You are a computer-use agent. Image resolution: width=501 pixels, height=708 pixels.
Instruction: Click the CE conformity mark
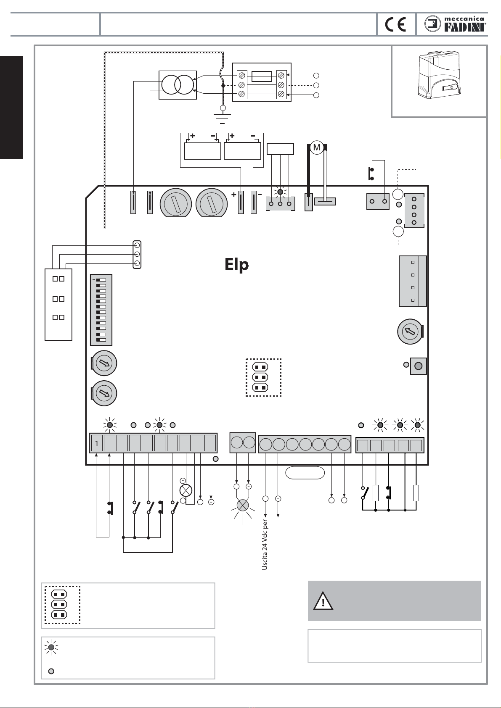(395, 24)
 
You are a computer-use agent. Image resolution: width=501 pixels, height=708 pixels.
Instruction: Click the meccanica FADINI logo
(455, 24)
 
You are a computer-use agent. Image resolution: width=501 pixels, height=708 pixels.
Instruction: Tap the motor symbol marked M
(316, 147)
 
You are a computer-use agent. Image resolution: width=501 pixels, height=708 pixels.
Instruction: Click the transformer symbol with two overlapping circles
(178, 85)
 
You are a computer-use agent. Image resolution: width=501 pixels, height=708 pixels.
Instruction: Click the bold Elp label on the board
(237, 264)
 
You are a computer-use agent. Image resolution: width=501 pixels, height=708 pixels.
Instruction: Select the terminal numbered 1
(97, 443)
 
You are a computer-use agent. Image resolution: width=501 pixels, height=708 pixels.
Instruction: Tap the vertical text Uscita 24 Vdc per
(265, 545)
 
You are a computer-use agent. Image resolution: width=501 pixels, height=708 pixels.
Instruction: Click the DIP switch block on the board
(101, 310)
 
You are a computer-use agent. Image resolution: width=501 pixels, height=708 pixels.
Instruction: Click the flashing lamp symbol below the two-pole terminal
(243, 505)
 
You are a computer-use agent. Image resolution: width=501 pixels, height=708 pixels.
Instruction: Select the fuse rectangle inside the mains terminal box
(262, 76)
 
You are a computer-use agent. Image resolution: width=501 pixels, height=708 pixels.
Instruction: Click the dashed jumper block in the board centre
(264, 377)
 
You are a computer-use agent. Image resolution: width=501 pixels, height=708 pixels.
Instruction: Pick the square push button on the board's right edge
(419, 366)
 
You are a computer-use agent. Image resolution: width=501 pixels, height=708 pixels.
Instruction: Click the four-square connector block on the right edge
(413, 281)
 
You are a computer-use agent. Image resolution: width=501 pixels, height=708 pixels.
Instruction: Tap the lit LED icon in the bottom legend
(51, 647)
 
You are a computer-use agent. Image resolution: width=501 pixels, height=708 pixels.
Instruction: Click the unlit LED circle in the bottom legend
(51, 671)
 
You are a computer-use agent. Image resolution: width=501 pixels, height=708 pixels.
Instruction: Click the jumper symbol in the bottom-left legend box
(62, 605)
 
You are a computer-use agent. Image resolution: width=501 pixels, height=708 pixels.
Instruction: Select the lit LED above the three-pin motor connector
(280, 192)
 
